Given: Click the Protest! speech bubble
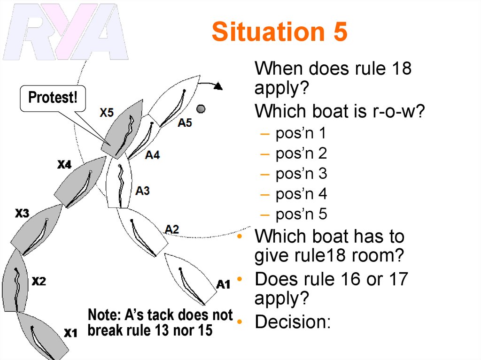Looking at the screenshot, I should tap(52, 98).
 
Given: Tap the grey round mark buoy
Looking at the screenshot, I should tap(201, 109).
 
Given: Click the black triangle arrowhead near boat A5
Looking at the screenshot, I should tap(217, 86).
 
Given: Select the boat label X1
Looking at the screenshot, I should tap(70, 333).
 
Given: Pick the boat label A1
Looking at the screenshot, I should tap(223, 284).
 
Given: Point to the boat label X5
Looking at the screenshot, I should tap(107, 113).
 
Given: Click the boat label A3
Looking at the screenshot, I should tap(143, 191).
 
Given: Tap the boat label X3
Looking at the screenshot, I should tap(22, 214).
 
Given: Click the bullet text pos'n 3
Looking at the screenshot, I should tap(301, 174).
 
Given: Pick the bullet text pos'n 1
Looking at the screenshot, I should tap(301, 133).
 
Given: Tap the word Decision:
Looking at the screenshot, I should tap(293, 322).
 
